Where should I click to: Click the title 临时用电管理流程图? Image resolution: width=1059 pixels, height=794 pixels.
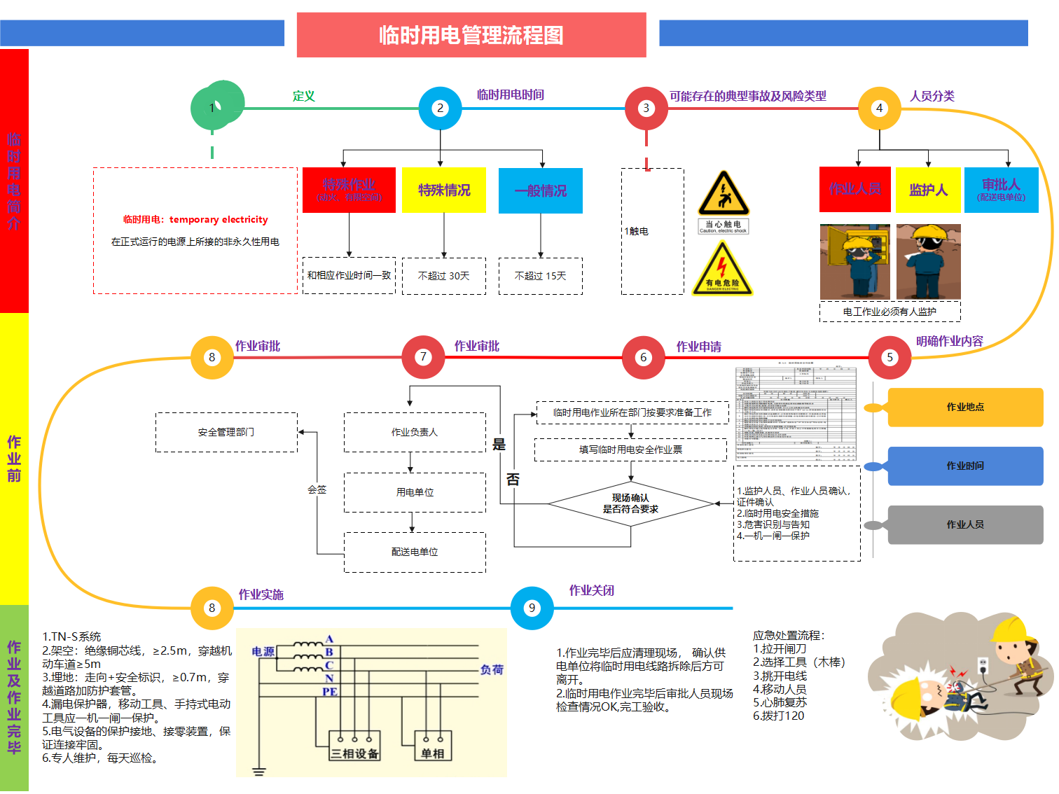pos(471,35)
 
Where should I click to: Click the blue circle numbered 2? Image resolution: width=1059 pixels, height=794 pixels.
pos(440,108)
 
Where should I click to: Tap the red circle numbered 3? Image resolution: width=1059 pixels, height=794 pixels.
pos(646,108)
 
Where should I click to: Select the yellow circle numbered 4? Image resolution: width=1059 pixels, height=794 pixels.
pos(879,108)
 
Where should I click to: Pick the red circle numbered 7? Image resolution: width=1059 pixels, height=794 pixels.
pos(423,357)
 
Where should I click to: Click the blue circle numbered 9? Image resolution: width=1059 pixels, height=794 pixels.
pos(532,608)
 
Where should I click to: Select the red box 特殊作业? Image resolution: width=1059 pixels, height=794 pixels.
pos(349,190)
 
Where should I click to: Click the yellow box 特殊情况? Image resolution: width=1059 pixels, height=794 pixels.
pos(443,190)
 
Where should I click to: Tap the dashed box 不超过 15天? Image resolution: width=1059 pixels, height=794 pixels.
pos(540,276)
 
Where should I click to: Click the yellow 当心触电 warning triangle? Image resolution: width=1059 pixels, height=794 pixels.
pos(724,195)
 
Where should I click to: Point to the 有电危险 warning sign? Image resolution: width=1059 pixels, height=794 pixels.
pos(722,270)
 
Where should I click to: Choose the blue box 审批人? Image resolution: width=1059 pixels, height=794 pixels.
pos(1001,190)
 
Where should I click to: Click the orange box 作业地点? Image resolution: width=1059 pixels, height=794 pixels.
pos(965,407)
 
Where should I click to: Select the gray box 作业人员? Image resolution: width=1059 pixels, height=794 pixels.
pos(965,524)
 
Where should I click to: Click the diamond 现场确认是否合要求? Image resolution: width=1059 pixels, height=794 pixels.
pos(630,503)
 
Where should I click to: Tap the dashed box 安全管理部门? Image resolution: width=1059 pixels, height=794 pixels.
pos(226,432)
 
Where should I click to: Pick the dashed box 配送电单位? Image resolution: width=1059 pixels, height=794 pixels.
pos(415,552)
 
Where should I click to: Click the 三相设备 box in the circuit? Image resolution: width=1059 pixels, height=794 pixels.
pos(354,746)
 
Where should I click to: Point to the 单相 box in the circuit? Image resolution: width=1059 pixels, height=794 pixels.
pos(433,746)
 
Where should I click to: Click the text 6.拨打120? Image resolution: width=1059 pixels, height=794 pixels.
pos(778,716)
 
